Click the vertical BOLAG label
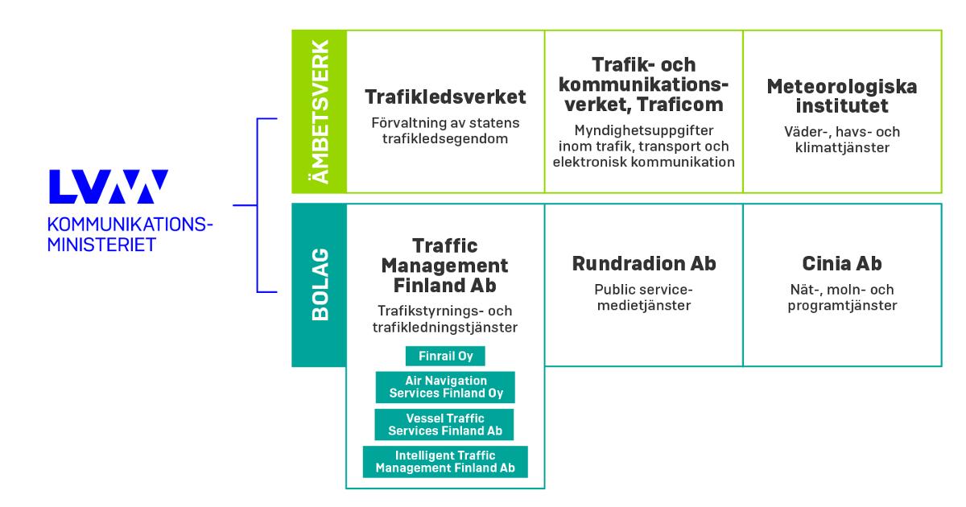pos(320,285)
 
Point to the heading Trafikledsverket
pos(445,97)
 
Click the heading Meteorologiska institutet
pos(841,96)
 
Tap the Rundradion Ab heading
pos(643,263)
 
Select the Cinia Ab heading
pos(841,263)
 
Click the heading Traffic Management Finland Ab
pos(445,265)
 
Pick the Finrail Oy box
pos(445,357)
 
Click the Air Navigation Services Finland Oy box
pos(445,386)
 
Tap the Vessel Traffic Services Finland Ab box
pos(445,424)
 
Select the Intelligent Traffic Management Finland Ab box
pos(445,462)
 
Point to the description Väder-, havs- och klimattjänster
pos(841,139)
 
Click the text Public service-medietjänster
pos(643,297)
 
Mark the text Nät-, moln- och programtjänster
pos(841,297)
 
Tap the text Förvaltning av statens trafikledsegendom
pos(445,131)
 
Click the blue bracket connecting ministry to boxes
pos(257,204)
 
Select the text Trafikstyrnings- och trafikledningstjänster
pos(445,319)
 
